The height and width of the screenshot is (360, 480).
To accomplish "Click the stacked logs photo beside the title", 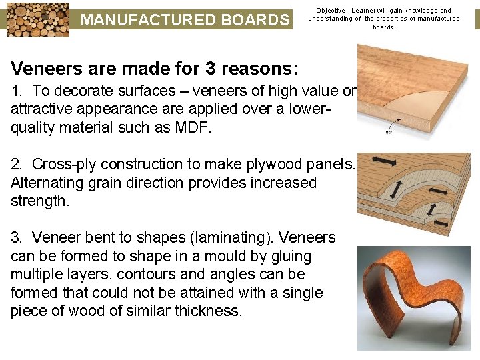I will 35,19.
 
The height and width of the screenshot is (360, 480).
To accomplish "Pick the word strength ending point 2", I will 37,201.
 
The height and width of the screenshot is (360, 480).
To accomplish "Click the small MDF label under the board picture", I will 389,132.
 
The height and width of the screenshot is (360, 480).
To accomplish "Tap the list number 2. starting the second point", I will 18,164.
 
